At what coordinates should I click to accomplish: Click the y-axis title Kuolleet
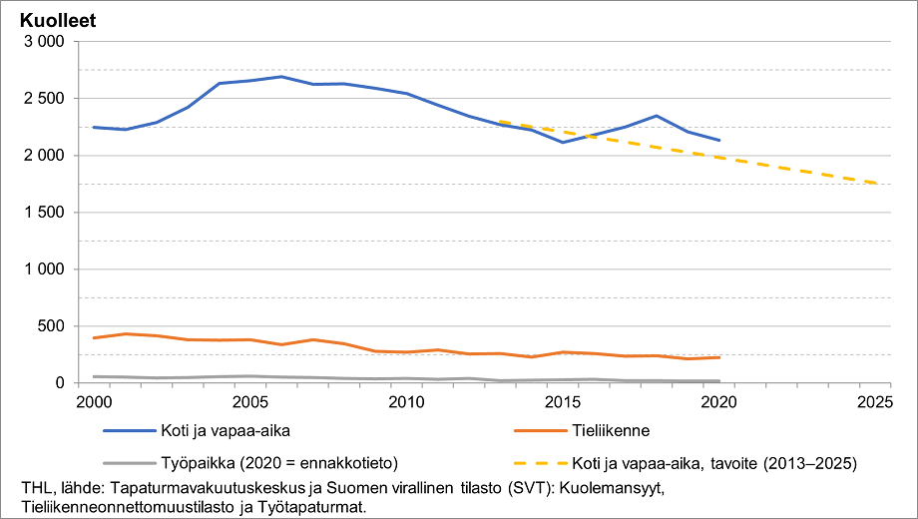(58, 19)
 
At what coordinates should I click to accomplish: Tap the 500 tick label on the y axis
(51, 326)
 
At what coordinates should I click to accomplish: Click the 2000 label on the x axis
(94, 402)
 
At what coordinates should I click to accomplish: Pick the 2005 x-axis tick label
(249, 402)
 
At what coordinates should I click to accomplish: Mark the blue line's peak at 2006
(281, 76)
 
